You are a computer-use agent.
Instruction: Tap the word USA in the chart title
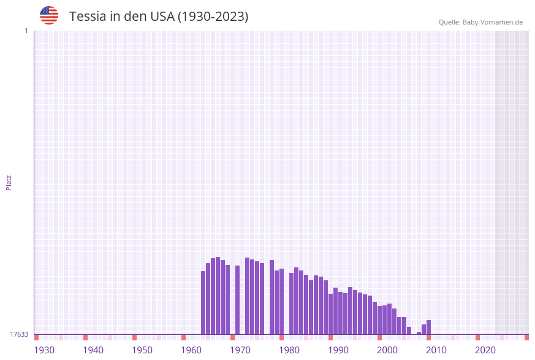[162, 17]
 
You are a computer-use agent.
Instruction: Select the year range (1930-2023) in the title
[213, 17]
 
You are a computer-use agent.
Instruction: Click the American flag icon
[49, 15]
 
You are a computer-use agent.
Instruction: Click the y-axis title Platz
[9, 182]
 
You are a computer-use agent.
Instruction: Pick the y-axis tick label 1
[26, 31]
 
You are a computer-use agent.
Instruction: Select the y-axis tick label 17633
[19, 334]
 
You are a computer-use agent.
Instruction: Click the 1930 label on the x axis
[44, 350]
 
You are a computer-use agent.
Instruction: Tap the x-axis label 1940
[93, 350]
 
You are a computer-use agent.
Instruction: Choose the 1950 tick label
[142, 350]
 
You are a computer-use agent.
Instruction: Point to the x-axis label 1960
[191, 350]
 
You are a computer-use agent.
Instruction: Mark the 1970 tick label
[240, 350]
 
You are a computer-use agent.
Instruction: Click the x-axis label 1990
[338, 350]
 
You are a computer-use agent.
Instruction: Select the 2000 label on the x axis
[387, 350]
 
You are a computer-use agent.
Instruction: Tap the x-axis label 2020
[485, 350]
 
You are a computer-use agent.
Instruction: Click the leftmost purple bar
[203, 302]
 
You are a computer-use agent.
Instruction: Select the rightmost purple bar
[429, 327]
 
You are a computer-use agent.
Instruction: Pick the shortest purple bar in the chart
[419, 333]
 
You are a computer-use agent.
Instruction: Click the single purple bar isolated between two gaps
[238, 300]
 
